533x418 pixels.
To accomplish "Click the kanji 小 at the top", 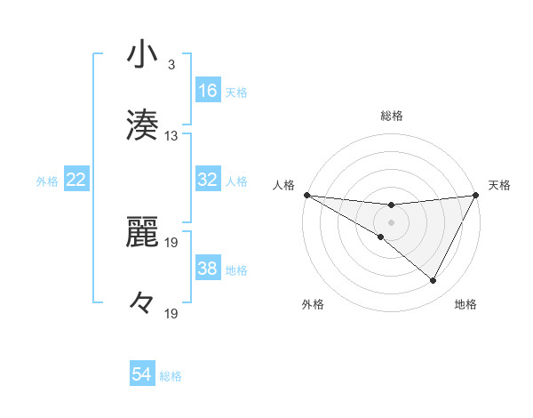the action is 142,55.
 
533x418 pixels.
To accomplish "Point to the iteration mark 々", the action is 142,302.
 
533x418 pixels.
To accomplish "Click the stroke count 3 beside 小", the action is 171,65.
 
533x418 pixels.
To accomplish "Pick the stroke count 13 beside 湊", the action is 171,136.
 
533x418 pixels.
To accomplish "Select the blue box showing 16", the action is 208,91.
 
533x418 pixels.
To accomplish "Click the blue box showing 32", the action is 208,180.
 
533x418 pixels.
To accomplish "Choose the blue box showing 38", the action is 208,269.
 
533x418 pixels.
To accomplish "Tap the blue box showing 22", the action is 76,180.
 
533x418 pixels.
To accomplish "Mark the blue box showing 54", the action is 142,374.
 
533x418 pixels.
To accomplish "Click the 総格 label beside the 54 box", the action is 171,376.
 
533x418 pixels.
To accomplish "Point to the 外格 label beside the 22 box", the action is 47,181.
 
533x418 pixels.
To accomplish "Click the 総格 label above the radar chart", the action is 391,116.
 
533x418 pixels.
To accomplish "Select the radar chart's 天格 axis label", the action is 499,185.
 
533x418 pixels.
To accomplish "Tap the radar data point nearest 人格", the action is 306,194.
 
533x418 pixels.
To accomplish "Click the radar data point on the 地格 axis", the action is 434,281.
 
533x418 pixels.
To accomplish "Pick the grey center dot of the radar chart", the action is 391,221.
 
